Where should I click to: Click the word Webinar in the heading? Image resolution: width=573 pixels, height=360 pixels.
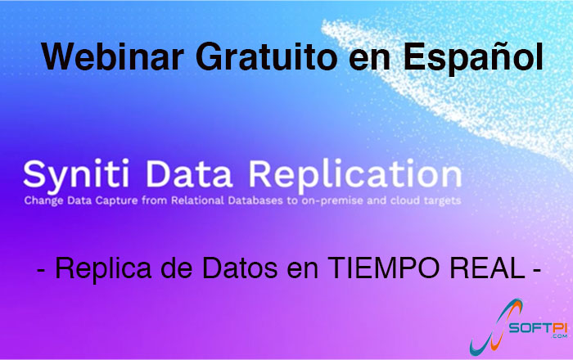coord(113,56)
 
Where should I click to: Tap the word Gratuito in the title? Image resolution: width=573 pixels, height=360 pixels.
coord(266,56)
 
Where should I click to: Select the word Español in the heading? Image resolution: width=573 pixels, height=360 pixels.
coord(473,58)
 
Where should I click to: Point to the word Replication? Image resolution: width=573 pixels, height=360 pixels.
coord(355,175)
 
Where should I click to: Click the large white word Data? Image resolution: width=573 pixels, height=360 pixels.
coord(189,173)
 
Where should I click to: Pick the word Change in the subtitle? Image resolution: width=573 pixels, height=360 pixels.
coord(43,201)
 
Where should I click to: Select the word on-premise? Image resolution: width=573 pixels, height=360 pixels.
coord(332,201)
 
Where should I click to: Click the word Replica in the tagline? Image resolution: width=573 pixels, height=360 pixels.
coord(103,268)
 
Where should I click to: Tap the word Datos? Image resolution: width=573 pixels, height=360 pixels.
coord(240,268)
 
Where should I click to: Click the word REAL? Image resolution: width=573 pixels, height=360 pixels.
coord(487,268)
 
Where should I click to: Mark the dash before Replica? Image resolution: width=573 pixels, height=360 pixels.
coord(41,271)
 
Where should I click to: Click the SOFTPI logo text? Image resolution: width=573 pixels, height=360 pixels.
coord(538,327)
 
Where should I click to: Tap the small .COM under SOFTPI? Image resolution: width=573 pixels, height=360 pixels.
coord(559,336)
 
